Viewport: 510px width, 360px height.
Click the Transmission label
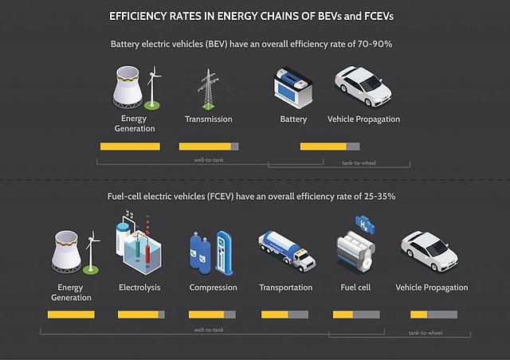tap(208, 119)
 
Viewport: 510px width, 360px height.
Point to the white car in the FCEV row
tap(429, 250)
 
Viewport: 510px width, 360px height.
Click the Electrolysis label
tap(140, 288)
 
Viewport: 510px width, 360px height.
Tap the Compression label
tap(213, 288)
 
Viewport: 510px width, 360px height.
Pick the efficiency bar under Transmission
tap(208, 147)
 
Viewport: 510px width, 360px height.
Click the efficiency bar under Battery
tap(329, 147)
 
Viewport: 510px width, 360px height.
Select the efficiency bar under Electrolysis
tap(141, 315)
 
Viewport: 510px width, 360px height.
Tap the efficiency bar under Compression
tap(213, 315)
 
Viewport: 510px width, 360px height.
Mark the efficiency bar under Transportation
tap(284, 315)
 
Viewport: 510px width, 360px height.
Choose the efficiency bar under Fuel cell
tap(352, 315)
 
